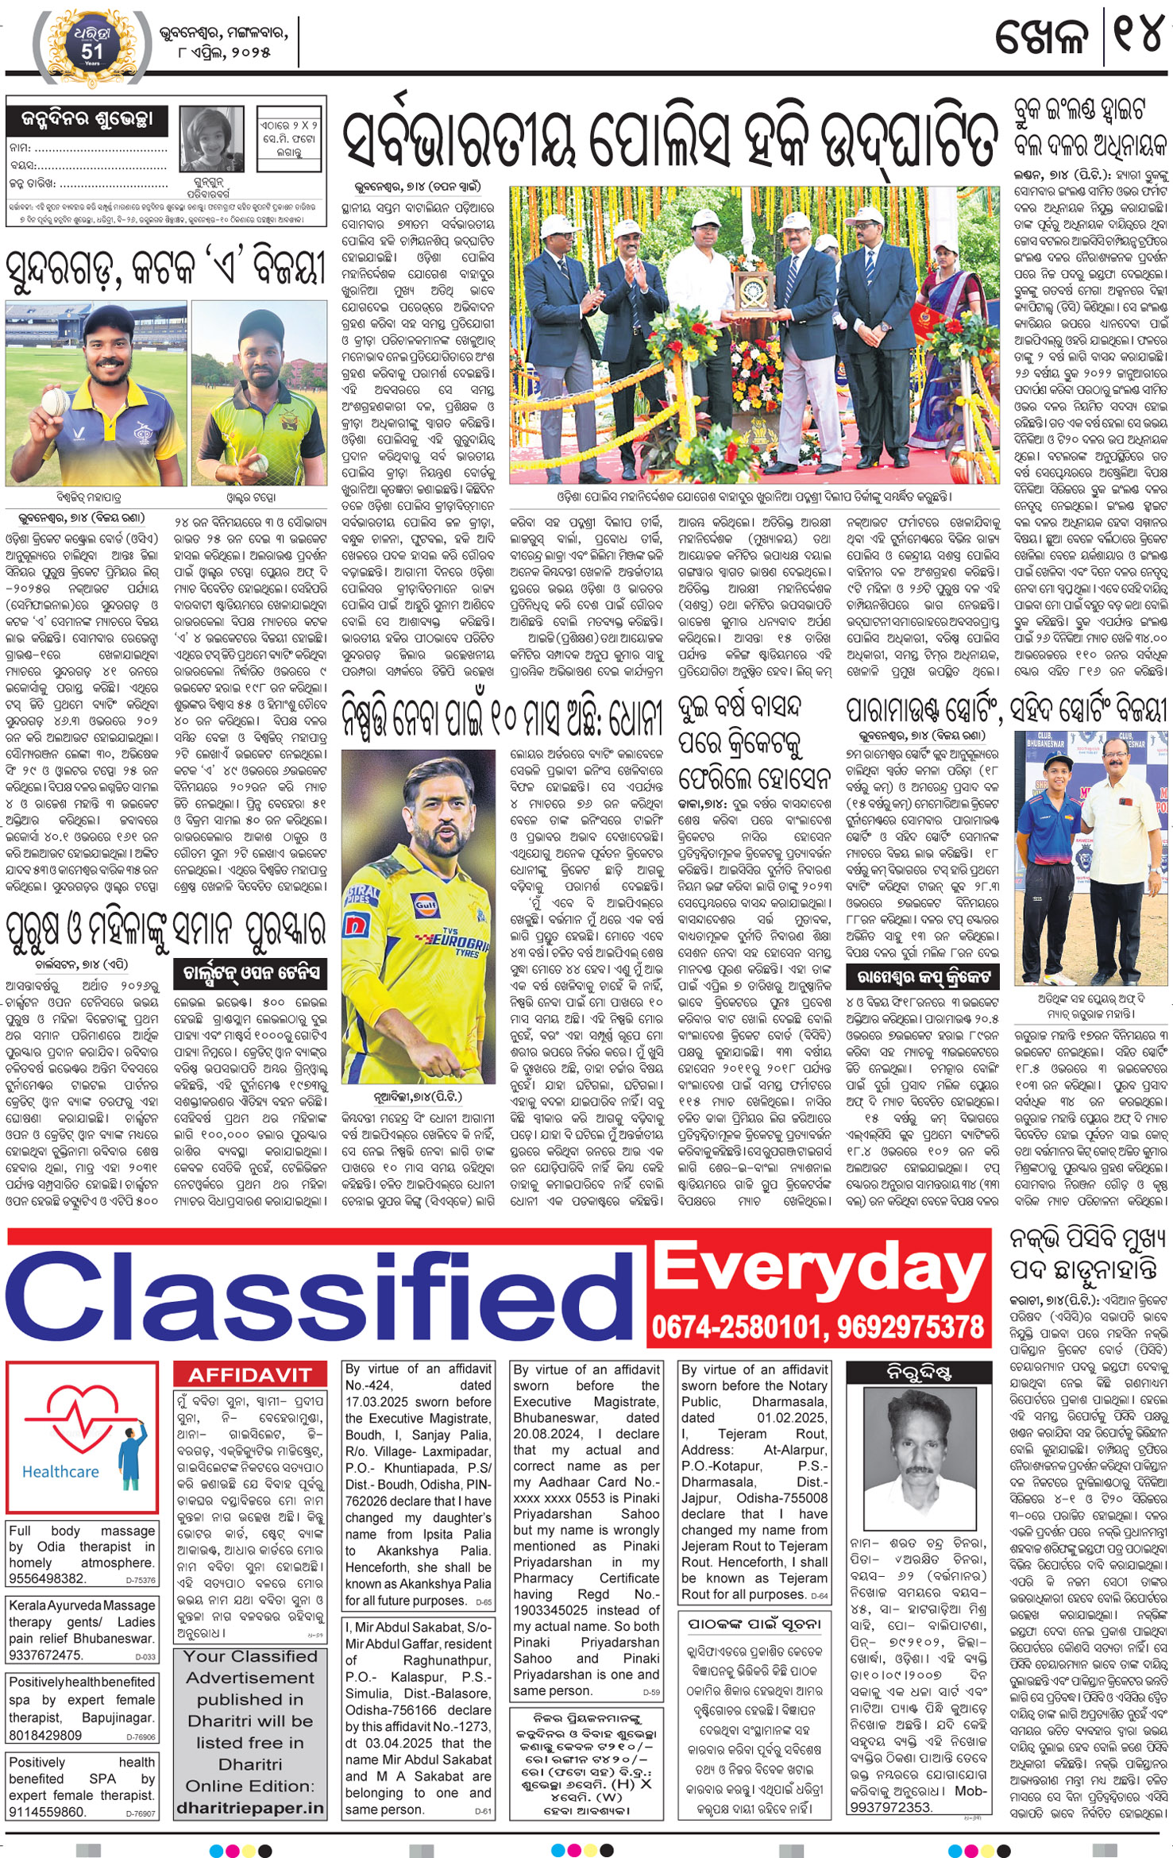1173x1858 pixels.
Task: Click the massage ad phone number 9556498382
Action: pos(48,1578)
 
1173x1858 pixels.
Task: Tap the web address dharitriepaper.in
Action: pos(250,1808)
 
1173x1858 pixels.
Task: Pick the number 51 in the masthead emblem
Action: pos(92,50)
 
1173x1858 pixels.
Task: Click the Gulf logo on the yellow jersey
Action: pos(425,903)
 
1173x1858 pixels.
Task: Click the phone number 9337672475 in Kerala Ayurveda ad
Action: pos(46,1655)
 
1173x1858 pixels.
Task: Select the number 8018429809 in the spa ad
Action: pos(46,1735)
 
